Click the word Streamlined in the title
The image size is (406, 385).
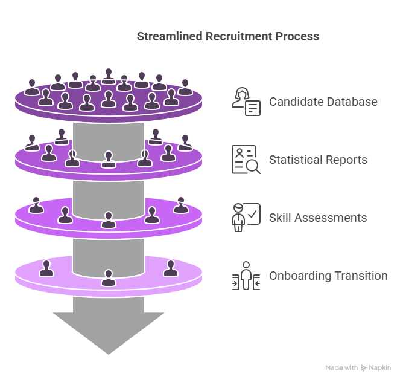pyautogui.click(x=170, y=36)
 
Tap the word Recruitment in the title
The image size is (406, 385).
pyautogui.click(x=239, y=36)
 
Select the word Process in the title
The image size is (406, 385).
pyautogui.click(x=297, y=36)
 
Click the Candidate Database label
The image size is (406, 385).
pyautogui.click(x=323, y=102)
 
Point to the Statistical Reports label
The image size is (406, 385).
pyautogui.click(x=318, y=160)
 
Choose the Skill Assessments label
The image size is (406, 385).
pyautogui.click(x=318, y=218)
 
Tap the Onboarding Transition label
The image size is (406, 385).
pyautogui.click(x=328, y=276)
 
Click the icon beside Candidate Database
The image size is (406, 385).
pyautogui.click(x=246, y=102)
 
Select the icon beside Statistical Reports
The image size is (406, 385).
pyautogui.click(x=246, y=160)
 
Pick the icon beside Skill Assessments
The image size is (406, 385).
pyautogui.click(x=246, y=218)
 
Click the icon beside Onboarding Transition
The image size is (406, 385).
pyautogui.click(x=246, y=276)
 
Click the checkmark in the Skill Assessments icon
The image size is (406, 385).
pyautogui.click(x=252, y=214)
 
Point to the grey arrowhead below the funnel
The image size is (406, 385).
pyautogui.click(x=109, y=333)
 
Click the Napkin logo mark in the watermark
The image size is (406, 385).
pyautogui.click(x=364, y=368)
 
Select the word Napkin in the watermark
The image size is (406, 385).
pyautogui.click(x=380, y=368)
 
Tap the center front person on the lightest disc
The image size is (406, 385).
pyautogui.click(x=109, y=278)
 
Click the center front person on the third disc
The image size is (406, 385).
pyautogui.click(x=109, y=220)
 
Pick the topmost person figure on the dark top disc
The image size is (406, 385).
pyautogui.click(x=109, y=76)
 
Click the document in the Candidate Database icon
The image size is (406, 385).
pyautogui.click(x=253, y=108)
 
